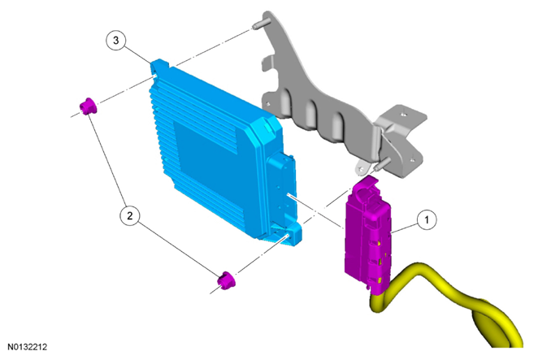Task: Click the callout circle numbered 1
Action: [x=427, y=220]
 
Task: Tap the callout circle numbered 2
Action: [x=129, y=215]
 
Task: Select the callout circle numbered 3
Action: [x=115, y=41]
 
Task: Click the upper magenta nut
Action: [x=89, y=106]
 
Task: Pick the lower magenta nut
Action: [x=226, y=280]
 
